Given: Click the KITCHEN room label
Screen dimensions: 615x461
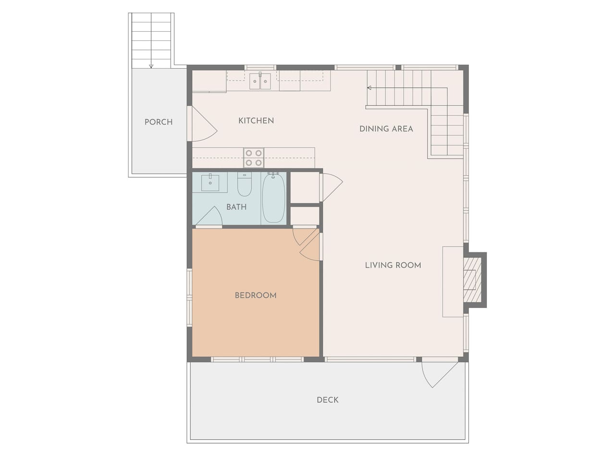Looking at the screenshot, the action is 256,121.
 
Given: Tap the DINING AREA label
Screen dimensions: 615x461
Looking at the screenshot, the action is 386,129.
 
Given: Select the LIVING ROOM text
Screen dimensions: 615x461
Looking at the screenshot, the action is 393,266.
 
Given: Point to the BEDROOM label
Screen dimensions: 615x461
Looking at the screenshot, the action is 256,296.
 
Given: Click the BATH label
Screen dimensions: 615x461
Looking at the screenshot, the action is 236,207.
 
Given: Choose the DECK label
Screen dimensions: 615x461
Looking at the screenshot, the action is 328,400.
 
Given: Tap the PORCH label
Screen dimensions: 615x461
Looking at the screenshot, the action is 159,122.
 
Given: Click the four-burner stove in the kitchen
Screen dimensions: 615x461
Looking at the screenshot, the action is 254,158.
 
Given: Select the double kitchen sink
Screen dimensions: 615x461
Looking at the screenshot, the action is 260,81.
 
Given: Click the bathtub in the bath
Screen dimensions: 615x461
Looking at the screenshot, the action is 273,198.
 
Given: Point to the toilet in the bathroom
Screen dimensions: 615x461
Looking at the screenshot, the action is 245,184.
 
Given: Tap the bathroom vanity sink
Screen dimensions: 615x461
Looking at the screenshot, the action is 210,182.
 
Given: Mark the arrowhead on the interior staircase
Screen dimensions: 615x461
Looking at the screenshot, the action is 369,88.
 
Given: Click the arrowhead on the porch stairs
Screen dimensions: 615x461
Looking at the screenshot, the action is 151,66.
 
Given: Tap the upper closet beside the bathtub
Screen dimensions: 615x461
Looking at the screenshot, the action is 305,187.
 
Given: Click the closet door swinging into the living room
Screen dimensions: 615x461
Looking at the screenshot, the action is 332,187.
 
